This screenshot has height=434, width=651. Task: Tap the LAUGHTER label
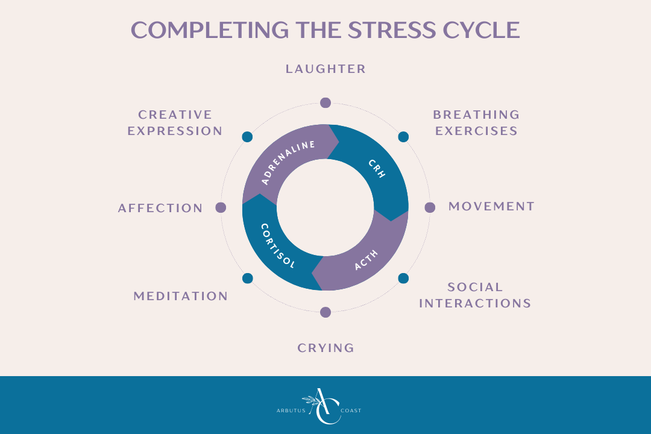tap(325, 69)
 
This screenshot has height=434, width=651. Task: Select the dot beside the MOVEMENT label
tap(430, 207)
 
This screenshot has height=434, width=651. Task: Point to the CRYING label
tap(325, 348)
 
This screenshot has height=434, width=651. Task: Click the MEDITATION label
tap(181, 296)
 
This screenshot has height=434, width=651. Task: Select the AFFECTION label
tap(160, 208)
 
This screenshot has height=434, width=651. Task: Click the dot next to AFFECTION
tap(221, 207)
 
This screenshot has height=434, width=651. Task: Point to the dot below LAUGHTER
tap(325, 102)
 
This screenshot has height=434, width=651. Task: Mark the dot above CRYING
tap(325, 312)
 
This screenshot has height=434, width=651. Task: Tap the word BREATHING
tap(476, 115)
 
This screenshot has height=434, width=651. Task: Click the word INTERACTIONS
tap(475, 303)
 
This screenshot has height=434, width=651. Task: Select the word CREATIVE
tap(175, 115)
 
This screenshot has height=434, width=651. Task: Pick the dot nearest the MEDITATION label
tap(247, 278)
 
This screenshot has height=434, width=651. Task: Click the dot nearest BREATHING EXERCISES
tap(403, 137)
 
